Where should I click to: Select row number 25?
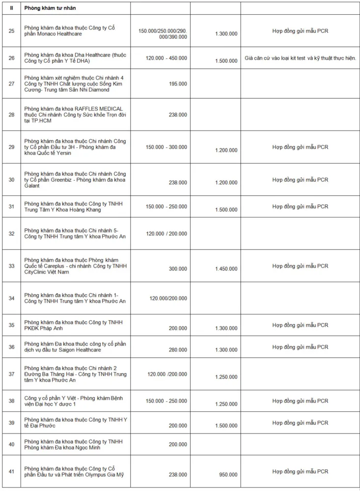(11, 30)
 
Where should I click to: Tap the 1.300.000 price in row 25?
(226, 33)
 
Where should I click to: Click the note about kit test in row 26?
(300, 58)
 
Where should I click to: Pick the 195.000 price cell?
(177, 84)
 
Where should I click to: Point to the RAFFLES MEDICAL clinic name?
(74, 114)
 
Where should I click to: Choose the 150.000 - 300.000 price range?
(166, 147)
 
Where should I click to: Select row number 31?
(11, 206)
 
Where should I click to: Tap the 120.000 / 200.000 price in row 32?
(166, 233)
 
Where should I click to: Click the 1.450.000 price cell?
(226, 269)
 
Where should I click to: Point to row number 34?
(11, 298)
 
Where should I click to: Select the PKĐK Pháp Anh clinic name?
(74, 325)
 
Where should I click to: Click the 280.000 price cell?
(177, 347)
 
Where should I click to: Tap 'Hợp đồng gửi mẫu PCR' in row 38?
(300, 401)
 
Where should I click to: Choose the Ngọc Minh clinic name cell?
(74, 444)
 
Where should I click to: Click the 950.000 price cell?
(228, 475)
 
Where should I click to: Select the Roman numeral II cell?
(11, 8)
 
